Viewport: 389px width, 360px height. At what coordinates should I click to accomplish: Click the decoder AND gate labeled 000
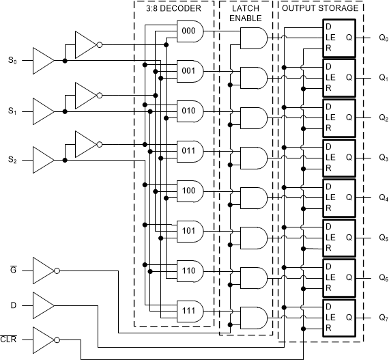[x=188, y=30]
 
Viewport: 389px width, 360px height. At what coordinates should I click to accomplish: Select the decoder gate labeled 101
[x=188, y=231]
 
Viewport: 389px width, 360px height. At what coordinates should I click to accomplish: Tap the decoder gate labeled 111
[x=188, y=311]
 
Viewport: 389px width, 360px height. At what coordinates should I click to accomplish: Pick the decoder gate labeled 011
[x=188, y=150]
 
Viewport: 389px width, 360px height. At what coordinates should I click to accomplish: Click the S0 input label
[x=12, y=61]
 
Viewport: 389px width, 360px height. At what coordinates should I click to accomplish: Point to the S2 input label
[x=12, y=160]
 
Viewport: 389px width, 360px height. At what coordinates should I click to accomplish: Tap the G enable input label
[x=13, y=271]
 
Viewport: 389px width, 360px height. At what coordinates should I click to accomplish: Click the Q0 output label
[x=383, y=38]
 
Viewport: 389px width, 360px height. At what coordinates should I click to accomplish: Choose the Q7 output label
[x=383, y=318]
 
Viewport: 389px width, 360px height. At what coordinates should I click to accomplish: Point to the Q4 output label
[x=383, y=198]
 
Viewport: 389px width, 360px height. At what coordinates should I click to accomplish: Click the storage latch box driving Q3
[x=338, y=158]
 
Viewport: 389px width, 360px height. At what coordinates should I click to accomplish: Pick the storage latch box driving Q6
[x=338, y=277]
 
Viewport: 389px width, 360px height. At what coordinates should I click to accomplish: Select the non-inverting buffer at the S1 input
[x=42, y=111]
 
